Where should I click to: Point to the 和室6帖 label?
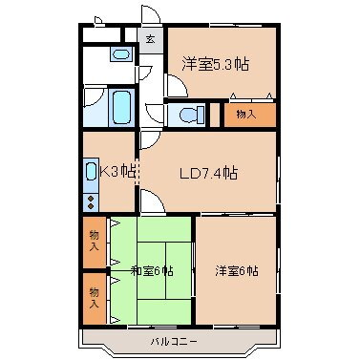coord(153,271)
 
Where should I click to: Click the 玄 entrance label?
coord(150,41)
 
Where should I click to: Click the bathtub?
coord(120,107)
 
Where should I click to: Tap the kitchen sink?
coord(90,173)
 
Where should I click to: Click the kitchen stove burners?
coord(90,201)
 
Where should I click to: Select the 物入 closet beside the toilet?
coord(245,116)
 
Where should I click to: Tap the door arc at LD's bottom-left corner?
coord(153,201)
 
